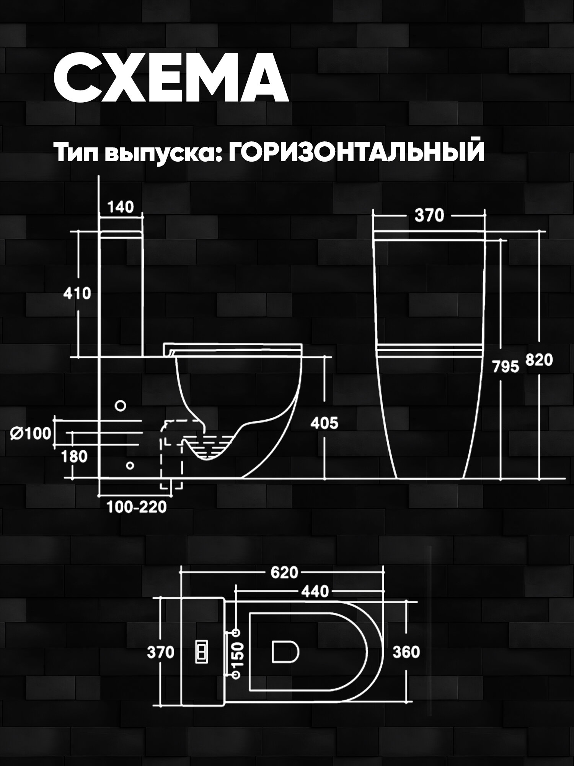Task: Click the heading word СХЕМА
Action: [x=171, y=78]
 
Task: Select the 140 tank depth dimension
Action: [x=121, y=207]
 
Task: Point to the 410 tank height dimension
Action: [x=77, y=293]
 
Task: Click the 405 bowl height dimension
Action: [x=324, y=423]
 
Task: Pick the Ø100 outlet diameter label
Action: [x=31, y=434]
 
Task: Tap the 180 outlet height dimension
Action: [x=74, y=456]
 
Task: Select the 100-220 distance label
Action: [x=137, y=507]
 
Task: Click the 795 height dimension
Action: [x=506, y=367]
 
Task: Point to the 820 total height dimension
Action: [x=539, y=360]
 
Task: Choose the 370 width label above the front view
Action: [x=429, y=216]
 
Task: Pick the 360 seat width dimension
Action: [x=406, y=652]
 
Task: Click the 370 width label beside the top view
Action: [x=161, y=652]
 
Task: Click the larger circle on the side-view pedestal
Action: [x=121, y=406]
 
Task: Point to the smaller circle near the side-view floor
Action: [x=130, y=465]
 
